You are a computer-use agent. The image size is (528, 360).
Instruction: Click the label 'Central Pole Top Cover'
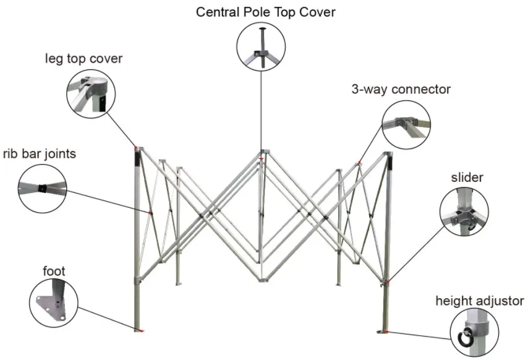click(266, 12)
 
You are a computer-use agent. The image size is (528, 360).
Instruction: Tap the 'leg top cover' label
click(83, 59)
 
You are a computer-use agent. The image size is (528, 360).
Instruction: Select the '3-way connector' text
click(401, 89)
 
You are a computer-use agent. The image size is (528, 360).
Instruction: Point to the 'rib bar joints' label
click(40, 153)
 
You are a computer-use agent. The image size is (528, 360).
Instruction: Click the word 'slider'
click(467, 178)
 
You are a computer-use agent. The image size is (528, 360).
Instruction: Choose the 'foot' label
click(54, 271)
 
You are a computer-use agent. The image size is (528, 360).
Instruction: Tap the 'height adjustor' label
click(480, 302)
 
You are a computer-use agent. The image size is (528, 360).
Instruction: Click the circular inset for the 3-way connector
click(406, 123)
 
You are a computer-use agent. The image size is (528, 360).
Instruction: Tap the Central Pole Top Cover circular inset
click(261, 47)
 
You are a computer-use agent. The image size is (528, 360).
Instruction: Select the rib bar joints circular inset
click(41, 187)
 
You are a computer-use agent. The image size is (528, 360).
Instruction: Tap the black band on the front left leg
click(138, 159)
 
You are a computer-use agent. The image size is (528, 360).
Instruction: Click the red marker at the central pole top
click(262, 159)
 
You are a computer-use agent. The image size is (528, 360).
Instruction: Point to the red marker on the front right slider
click(388, 281)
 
